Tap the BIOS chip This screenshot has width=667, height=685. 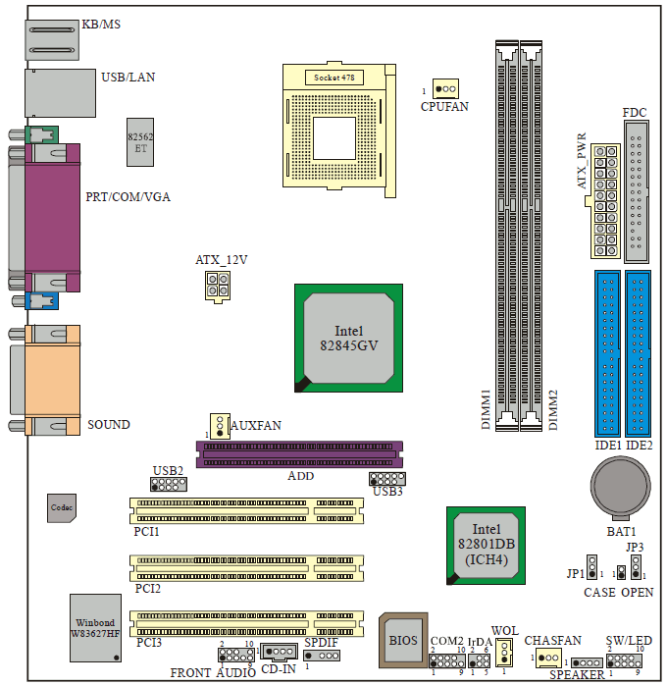402,640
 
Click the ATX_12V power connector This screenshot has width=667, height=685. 218,285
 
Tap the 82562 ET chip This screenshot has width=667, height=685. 140,142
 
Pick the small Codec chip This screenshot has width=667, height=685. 63,506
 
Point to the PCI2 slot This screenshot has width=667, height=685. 246,565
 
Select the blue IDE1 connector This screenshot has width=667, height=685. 606,353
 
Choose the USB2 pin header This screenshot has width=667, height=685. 169,484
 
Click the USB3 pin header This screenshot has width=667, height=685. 386,478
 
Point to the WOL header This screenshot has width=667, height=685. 504,651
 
